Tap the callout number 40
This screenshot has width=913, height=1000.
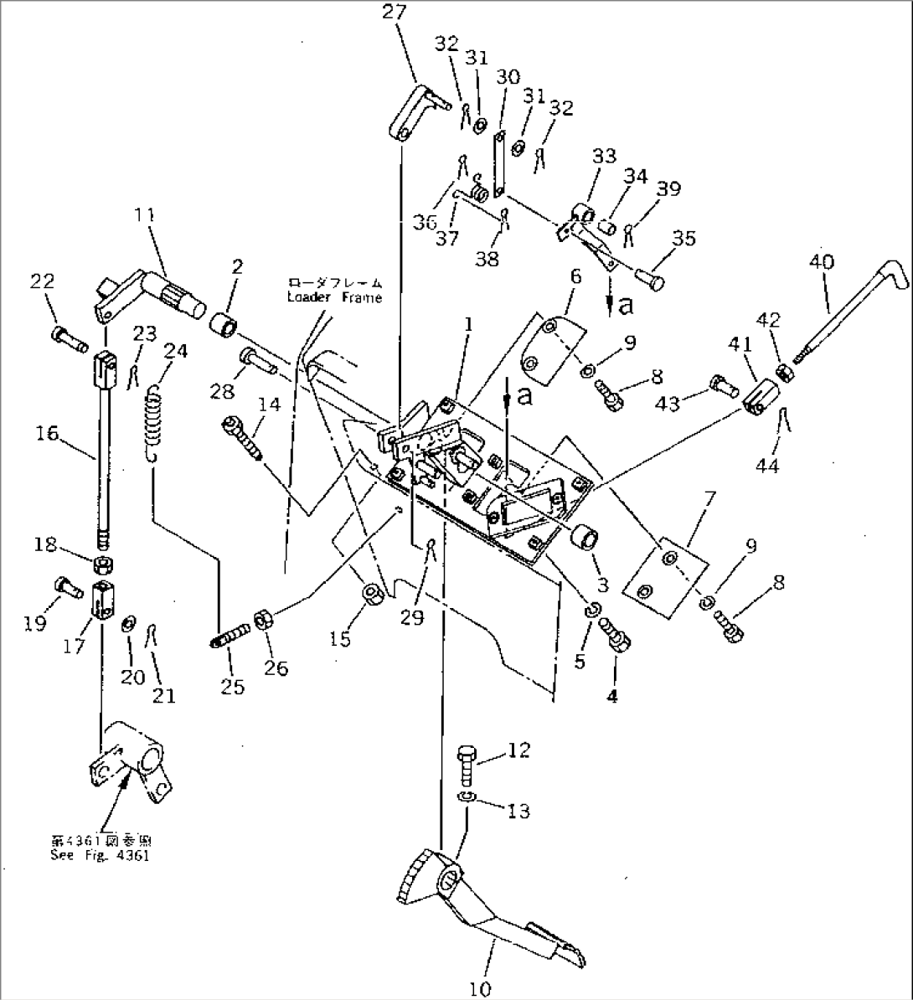click(x=822, y=262)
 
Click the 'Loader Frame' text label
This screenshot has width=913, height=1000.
click(x=334, y=290)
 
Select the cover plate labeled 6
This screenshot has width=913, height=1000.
click(x=550, y=348)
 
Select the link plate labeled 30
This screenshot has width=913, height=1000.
click(x=500, y=164)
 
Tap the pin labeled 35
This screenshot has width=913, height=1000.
click(x=650, y=276)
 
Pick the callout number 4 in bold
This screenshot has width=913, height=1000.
click(x=612, y=697)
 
